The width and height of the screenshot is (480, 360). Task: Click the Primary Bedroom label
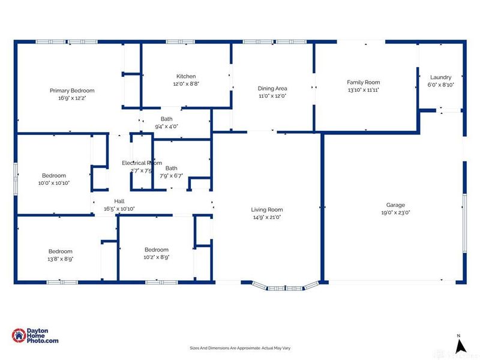click(72, 91)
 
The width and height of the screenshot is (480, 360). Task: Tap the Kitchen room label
click(186, 76)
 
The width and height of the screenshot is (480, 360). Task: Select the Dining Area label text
click(272, 88)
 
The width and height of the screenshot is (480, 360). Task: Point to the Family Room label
click(364, 82)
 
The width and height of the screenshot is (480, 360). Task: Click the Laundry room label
click(440, 77)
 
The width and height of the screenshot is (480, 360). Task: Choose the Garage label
click(395, 205)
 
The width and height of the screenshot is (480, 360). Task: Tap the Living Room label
click(267, 209)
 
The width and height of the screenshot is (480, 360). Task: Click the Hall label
click(119, 202)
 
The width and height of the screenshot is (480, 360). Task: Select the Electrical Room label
click(142, 163)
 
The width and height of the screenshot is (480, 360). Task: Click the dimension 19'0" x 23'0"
click(395, 212)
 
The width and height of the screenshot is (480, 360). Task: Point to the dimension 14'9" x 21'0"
click(267, 217)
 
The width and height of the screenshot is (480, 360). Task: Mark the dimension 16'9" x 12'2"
click(72, 98)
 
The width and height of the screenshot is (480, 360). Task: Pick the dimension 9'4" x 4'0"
click(166, 126)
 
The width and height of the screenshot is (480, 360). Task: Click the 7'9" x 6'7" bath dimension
click(172, 176)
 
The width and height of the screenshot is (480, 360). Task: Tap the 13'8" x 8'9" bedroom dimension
click(61, 259)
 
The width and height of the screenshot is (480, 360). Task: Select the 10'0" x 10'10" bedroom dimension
click(54, 183)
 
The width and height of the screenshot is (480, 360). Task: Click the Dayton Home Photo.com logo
click(35, 336)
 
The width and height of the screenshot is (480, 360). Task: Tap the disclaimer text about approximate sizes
click(240, 348)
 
